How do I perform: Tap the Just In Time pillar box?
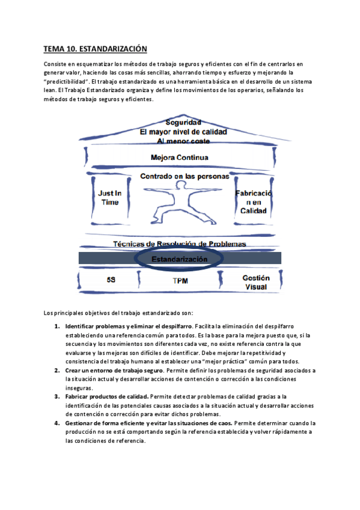[x=110, y=198]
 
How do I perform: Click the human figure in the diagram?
[x=182, y=202]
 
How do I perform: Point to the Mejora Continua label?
[x=180, y=158]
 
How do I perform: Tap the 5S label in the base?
[x=111, y=280]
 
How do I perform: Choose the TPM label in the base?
[x=180, y=280]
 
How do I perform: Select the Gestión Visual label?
[x=256, y=283]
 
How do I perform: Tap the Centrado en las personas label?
[x=180, y=177]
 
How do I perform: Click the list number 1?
[x=57, y=326]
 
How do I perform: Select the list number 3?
[x=57, y=397]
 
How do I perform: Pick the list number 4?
[x=57, y=423]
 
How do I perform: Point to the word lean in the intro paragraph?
[x=50, y=90]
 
